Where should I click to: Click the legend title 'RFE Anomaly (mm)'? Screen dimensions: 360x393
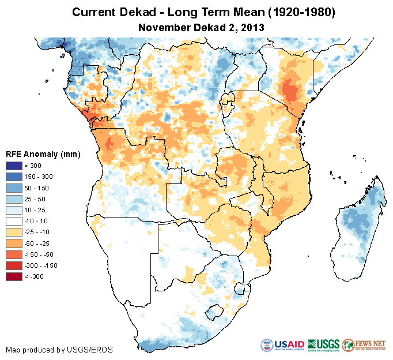(x=43, y=154)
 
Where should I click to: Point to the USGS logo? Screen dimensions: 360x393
(x=323, y=345)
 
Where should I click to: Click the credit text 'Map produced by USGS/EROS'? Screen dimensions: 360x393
(x=59, y=350)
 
